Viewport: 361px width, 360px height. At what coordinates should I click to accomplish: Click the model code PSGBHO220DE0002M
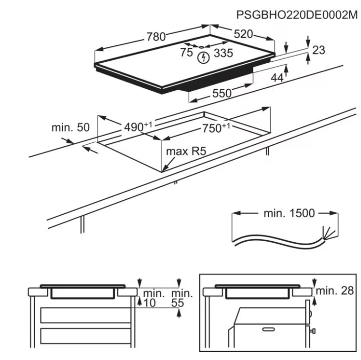pos(297,15)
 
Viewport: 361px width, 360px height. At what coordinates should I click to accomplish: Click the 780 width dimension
pos(156,37)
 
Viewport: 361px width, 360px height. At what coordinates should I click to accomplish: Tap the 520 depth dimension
pos(243,34)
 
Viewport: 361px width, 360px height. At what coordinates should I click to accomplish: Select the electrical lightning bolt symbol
pos(203,58)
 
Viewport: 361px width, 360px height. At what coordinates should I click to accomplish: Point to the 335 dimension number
pos(223,53)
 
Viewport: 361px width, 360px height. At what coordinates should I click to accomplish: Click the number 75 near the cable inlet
pos(187,52)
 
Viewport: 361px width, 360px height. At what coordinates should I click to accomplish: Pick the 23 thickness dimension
pos(319,50)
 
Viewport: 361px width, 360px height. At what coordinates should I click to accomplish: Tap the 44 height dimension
pos(277,78)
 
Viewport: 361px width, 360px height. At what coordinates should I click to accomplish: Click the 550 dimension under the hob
pos(222,93)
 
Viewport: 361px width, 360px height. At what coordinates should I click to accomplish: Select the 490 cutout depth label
pos(138,126)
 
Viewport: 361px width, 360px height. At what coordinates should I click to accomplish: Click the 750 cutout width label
pos(216,128)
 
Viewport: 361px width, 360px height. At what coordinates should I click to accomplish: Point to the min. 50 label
pos(70,127)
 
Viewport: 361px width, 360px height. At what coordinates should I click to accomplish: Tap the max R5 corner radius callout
pos(186,151)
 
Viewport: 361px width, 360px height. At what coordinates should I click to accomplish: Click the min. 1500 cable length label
pos(289,213)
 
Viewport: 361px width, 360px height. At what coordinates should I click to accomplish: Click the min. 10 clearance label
pos(152,298)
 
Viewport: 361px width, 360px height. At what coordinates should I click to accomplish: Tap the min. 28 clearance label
pos(334,291)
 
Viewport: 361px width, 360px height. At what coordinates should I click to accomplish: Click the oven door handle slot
pos(269,329)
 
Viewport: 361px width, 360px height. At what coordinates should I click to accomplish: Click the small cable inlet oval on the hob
pos(201,47)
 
